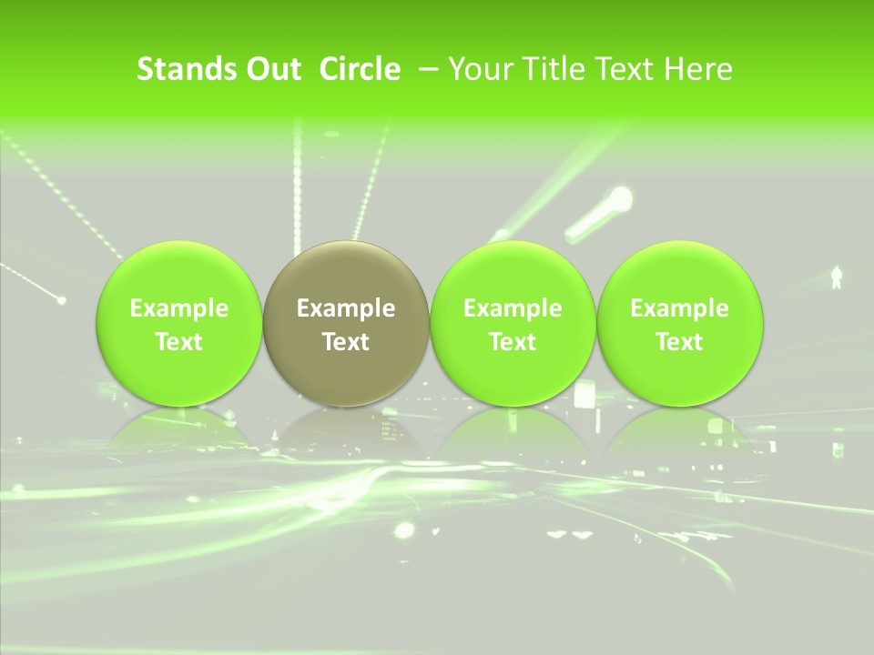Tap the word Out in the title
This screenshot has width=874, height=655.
272,69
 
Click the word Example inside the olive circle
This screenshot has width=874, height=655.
346,308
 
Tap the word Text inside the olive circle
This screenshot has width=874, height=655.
346,342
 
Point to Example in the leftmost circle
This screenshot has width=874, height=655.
179,308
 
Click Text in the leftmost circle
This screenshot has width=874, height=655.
179,342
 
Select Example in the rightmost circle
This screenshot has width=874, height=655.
679,308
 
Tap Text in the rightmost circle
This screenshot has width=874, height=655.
679,342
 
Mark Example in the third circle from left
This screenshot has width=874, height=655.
513,308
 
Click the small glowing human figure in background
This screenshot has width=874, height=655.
837,276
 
